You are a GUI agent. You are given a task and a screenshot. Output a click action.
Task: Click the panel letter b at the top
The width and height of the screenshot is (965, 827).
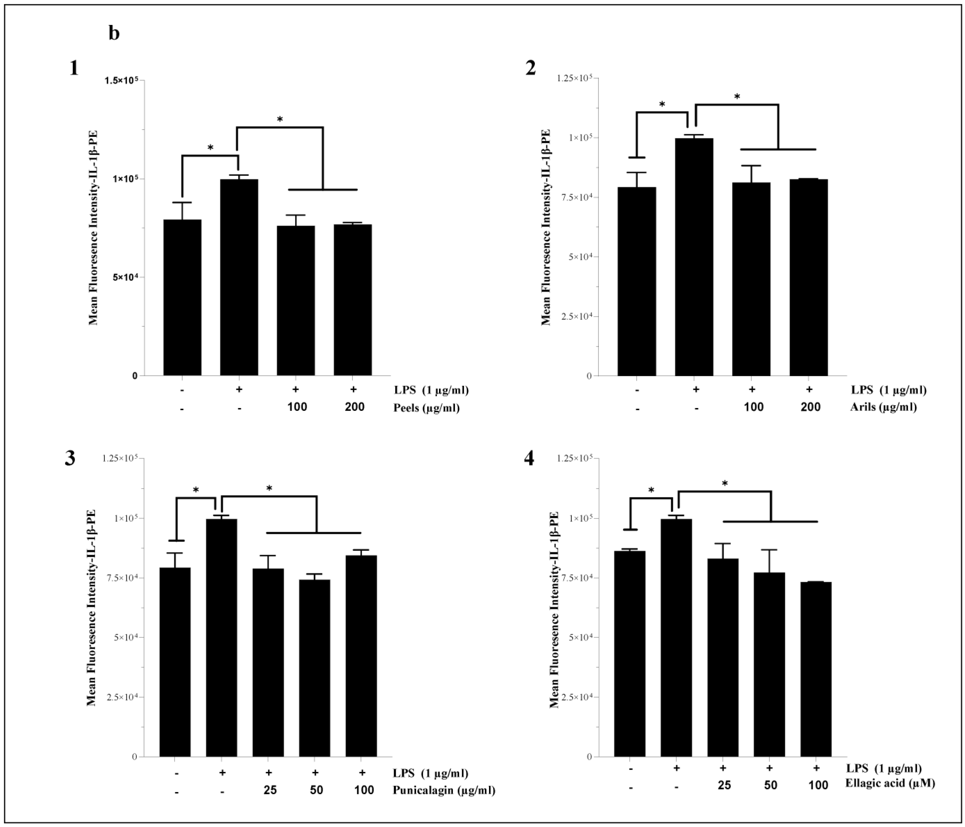[114, 34]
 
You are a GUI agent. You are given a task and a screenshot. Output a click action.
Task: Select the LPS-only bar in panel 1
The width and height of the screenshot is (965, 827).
[239, 277]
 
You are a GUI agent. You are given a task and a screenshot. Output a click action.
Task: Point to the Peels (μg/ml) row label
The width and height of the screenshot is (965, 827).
[426, 408]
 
